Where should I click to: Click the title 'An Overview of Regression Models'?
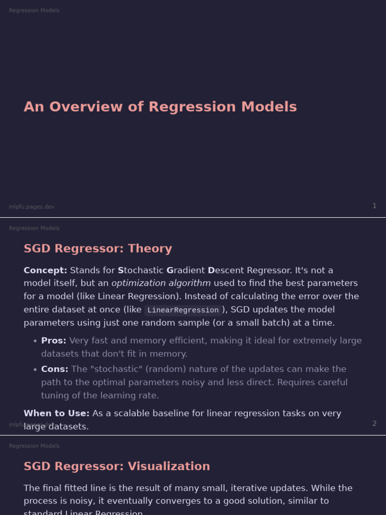tap(160, 107)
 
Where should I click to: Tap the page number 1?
tap(374, 206)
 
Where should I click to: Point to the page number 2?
tap(374, 423)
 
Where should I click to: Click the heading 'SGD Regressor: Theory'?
tap(98, 248)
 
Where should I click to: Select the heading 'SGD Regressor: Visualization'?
tap(117, 466)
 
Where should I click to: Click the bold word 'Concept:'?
tap(45, 270)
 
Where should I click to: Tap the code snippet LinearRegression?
tap(183, 310)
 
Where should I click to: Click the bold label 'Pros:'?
tap(54, 340)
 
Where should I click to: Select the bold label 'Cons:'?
tap(55, 369)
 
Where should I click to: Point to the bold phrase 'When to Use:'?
tap(56, 413)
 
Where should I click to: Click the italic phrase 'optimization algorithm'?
tap(161, 283)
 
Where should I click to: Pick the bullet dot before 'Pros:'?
tap(35, 341)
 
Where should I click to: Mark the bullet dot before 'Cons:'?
tap(35, 369)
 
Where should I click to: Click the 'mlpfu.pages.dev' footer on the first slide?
tap(32, 207)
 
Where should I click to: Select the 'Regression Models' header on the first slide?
tap(34, 11)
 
